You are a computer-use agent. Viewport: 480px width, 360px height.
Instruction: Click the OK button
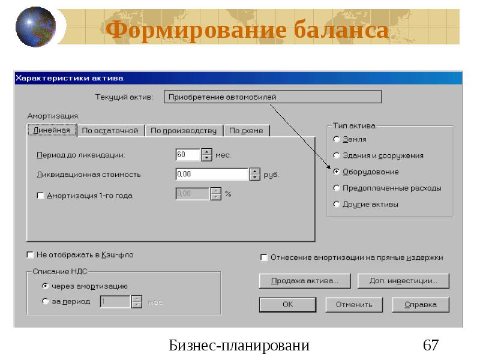click(x=288, y=304)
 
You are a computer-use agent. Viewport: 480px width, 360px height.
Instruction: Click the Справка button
click(x=420, y=304)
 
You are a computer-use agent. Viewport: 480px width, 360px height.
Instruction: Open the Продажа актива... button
click(x=305, y=280)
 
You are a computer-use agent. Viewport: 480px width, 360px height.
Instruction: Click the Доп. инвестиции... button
click(x=403, y=280)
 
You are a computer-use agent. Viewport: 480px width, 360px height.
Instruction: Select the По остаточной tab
click(x=110, y=130)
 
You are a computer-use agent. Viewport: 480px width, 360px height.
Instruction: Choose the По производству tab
click(x=183, y=130)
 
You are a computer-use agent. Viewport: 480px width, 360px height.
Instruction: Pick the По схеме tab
click(x=246, y=130)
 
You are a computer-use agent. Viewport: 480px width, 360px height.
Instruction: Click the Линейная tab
click(x=51, y=130)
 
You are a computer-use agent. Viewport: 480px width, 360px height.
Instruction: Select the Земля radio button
click(x=337, y=139)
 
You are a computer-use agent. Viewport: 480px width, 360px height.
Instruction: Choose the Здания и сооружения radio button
click(x=337, y=155)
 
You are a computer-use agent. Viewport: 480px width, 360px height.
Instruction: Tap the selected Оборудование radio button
click(x=337, y=172)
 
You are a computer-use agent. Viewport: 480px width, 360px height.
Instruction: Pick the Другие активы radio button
click(x=337, y=204)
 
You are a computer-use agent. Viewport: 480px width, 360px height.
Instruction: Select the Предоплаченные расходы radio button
click(x=337, y=188)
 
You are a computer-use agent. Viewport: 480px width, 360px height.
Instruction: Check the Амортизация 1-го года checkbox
click(x=41, y=196)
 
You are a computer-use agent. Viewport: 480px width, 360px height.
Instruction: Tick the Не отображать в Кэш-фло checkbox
click(x=31, y=254)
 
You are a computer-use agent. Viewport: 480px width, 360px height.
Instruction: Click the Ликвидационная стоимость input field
click(x=211, y=175)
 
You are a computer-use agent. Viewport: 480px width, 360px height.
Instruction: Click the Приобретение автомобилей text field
click(x=272, y=97)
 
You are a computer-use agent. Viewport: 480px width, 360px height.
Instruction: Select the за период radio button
click(x=46, y=301)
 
